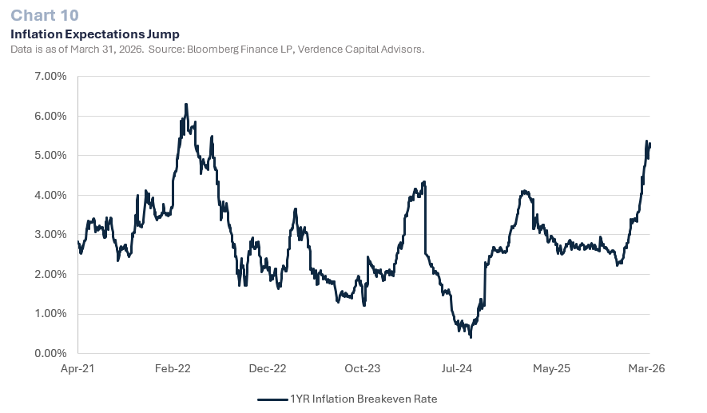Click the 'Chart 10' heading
click(44, 15)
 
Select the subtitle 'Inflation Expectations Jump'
click(94, 34)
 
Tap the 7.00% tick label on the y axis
click(50, 77)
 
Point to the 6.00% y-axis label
click(50, 117)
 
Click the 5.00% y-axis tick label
click(50, 156)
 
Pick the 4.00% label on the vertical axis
click(50, 196)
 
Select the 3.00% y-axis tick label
click(50, 235)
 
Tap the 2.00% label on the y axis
click(50, 275)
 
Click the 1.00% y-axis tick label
click(50, 314)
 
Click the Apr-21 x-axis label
click(78, 369)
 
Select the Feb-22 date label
click(173, 369)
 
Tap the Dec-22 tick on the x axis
click(268, 369)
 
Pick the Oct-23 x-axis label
click(363, 369)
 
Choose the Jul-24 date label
click(457, 369)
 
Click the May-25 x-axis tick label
click(552, 369)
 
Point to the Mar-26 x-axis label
click(646, 369)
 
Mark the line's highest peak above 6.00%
click(185, 105)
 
